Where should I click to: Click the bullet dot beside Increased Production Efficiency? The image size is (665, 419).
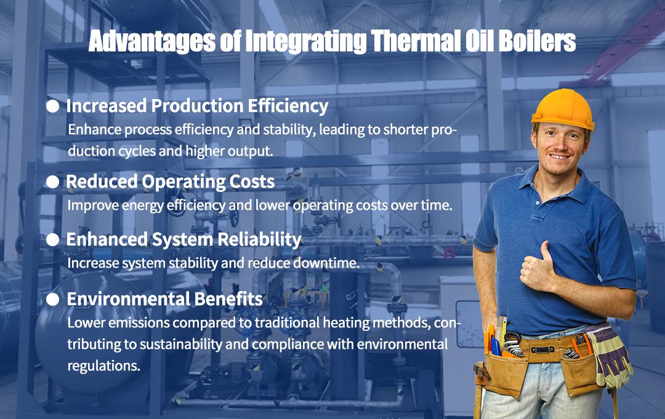click(54, 106)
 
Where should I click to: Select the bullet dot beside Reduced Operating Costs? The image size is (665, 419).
click(54, 182)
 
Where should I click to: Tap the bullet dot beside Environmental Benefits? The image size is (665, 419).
click(54, 300)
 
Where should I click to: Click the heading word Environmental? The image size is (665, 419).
click(128, 299)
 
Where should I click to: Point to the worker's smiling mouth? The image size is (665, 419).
click(560, 156)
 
